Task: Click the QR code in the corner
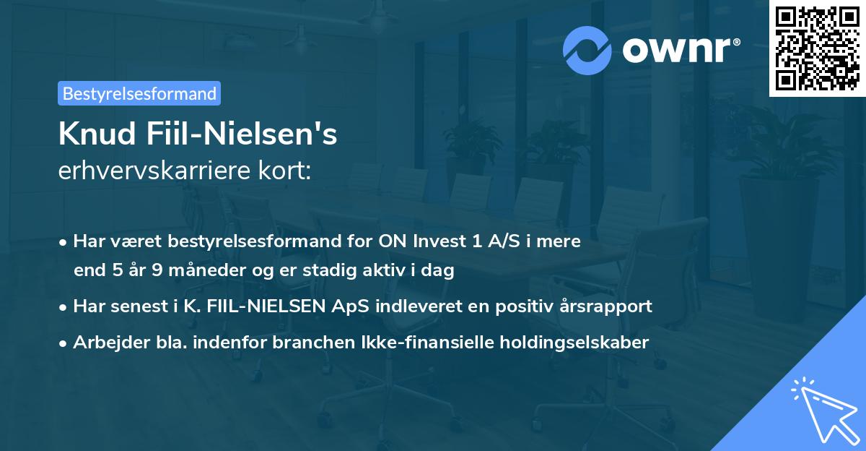[x=817, y=48]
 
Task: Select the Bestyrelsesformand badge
[x=139, y=93]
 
